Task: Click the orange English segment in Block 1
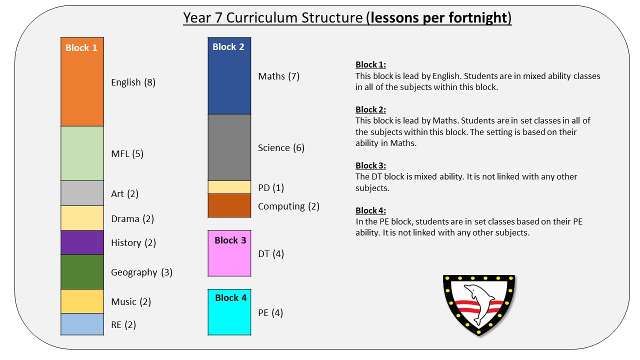82,81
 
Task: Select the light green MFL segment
82,153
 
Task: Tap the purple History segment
82,242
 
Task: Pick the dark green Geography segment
82,271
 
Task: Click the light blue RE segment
82,324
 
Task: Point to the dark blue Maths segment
229,75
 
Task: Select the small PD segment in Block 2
229,187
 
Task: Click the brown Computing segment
229,205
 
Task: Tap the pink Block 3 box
229,253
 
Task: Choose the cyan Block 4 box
229,312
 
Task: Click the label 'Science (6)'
281,148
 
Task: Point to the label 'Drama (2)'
132,219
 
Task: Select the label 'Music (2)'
131,301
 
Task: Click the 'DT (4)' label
271,253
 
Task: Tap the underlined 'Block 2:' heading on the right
370,109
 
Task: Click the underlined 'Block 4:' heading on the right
370,210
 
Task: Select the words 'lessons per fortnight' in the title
438,17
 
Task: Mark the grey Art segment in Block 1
82,193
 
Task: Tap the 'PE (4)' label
270,313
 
